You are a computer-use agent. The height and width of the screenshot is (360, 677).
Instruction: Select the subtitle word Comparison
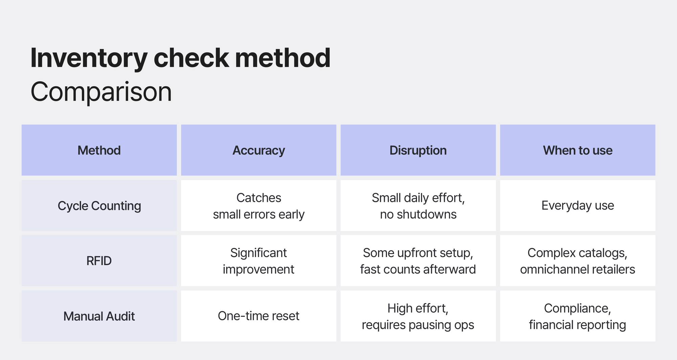click(101, 92)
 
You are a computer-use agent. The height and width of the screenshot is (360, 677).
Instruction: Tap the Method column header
click(99, 150)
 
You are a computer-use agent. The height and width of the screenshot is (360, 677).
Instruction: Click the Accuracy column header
click(259, 150)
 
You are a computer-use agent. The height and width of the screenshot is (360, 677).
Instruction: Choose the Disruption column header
click(418, 150)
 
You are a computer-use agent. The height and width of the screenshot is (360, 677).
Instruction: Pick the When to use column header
click(577, 150)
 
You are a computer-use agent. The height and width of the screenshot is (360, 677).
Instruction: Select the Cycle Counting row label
click(99, 206)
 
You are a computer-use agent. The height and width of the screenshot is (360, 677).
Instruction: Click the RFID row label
click(99, 261)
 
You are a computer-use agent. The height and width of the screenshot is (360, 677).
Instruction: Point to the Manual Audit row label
click(99, 316)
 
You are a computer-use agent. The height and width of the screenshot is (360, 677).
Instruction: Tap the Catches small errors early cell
click(259, 206)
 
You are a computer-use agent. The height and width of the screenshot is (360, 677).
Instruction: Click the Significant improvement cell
click(259, 261)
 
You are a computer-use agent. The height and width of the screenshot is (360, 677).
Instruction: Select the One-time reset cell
click(259, 316)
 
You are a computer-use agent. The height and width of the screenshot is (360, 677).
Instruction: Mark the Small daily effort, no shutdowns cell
click(418, 206)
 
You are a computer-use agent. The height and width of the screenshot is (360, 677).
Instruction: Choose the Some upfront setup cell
click(418, 261)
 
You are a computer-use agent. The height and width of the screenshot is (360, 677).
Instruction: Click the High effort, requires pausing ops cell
click(418, 316)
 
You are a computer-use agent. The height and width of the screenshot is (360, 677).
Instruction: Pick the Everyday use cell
click(577, 206)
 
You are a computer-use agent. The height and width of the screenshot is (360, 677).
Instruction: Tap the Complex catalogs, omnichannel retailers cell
click(577, 261)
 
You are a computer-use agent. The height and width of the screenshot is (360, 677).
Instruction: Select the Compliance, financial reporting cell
click(577, 316)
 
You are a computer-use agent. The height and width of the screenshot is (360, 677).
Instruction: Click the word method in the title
click(283, 58)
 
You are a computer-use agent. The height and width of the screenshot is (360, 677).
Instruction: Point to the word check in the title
click(191, 58)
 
